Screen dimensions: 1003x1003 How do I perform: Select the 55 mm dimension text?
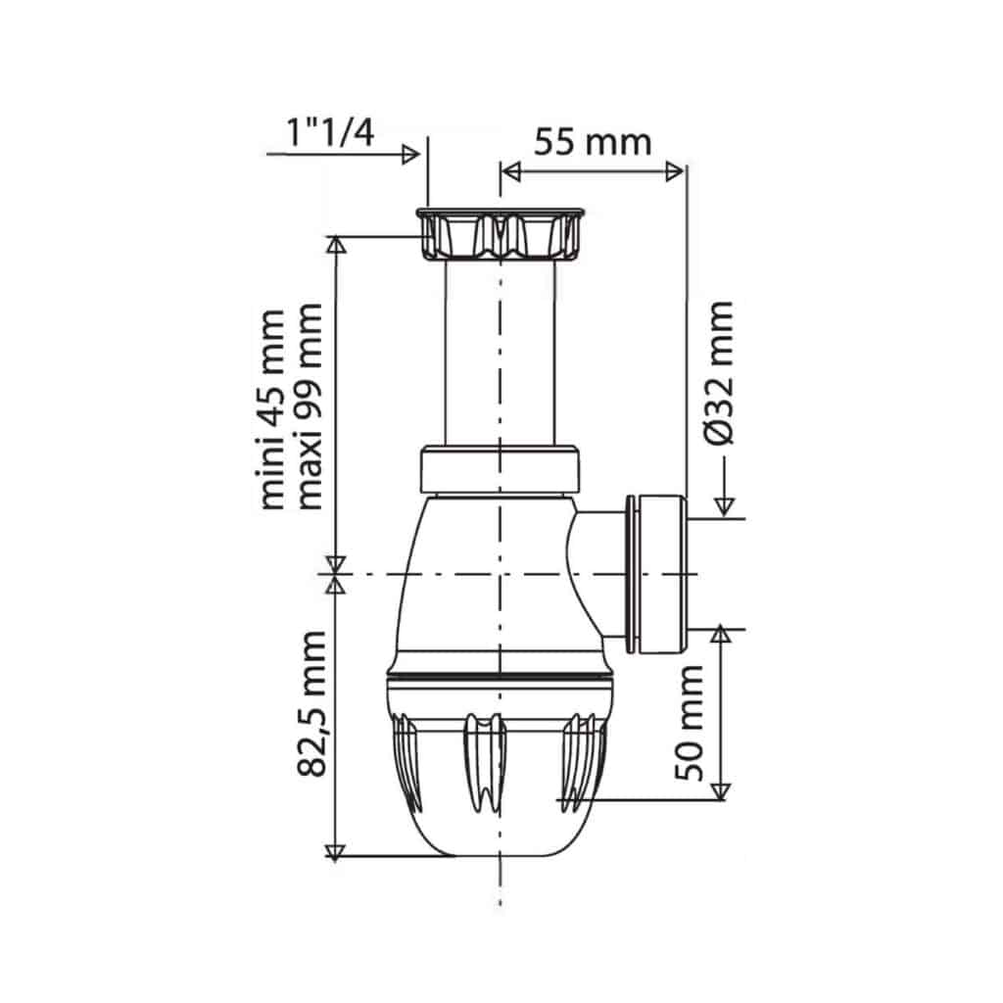592,142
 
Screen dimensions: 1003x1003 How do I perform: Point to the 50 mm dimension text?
691,722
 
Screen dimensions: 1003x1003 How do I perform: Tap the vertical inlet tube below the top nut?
501,353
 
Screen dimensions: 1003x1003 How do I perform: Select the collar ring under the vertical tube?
501,470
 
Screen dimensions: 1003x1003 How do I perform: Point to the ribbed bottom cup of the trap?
501,774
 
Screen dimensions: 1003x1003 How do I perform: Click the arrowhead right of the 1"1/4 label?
412,154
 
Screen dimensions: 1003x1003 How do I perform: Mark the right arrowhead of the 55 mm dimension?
676,171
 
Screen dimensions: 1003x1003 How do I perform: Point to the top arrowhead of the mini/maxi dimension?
336,245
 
